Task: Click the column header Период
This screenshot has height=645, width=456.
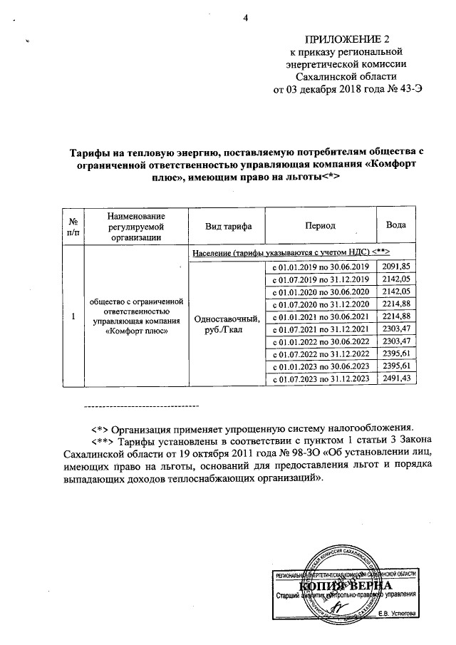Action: tap(320, 225)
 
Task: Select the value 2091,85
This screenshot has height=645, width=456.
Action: tap(396, 266)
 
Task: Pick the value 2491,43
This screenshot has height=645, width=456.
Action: tap(396, 379)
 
